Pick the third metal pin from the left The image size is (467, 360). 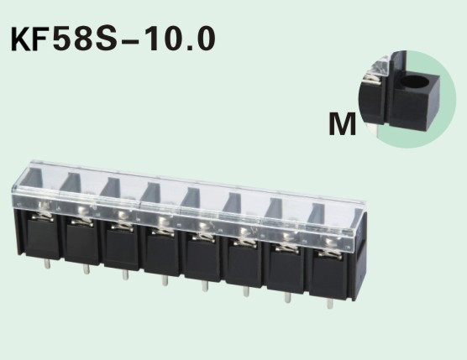click(125, 275)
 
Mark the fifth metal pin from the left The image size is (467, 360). click(205, 287)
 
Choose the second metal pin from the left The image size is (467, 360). click(86, 270)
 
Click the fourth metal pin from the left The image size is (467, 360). click(165, 281)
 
